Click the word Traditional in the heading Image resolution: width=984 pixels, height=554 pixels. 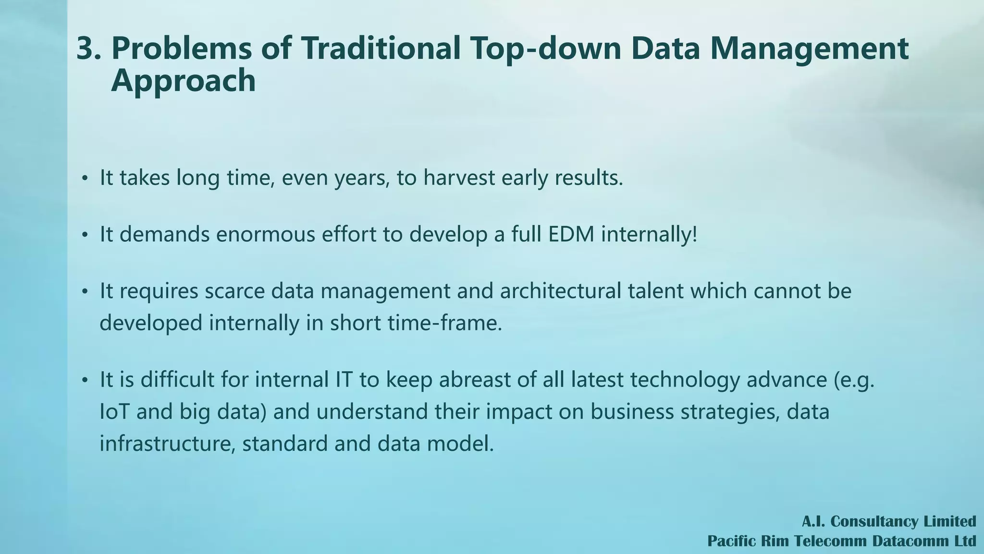[380, 49]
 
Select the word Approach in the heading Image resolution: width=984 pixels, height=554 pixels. [183, 81]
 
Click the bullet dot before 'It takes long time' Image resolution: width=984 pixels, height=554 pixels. [85, 179]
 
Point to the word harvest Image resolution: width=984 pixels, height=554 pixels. [459, 178]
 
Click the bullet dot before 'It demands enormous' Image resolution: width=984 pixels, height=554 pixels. [85, 235]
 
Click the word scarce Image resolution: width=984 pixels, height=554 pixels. [234, 291]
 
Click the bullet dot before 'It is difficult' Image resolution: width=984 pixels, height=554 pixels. [85, 380]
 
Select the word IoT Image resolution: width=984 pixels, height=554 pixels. [114, 412]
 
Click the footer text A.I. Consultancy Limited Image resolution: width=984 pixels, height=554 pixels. [888, 521]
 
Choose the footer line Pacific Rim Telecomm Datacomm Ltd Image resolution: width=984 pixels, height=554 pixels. [841, 541]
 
